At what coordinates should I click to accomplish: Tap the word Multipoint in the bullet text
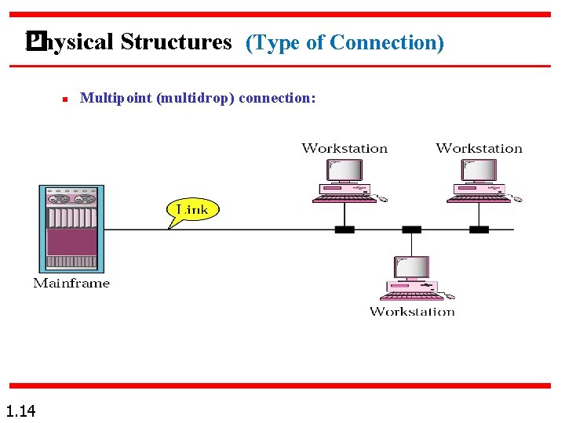tap(117, 98)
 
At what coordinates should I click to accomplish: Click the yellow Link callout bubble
tap(191, 210)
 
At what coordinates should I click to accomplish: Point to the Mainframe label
tap(71, 283)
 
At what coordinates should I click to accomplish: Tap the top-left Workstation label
tap(344, 148)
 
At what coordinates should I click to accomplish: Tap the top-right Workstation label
tap(479, 148)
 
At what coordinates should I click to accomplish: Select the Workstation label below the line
tap(412, 311)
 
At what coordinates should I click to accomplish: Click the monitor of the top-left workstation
tap(344, 171)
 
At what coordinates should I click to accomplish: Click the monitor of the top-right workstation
tap(479, 171)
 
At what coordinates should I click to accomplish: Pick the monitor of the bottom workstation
tap(411, 268)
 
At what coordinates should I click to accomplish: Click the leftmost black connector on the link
tap(344, 230)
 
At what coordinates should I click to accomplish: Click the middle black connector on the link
tap(411, 230)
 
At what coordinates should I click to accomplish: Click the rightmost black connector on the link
tap(479, 230)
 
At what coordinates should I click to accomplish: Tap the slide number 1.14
tap(20, 410)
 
